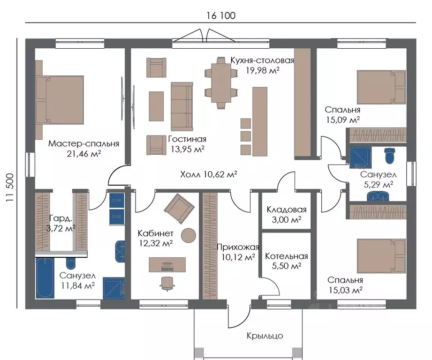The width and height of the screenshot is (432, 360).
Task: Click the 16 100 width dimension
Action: click(221, 15)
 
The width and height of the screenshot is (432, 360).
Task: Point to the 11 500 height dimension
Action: click(10, 187)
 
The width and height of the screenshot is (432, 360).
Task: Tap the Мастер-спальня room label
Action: click(83, 143)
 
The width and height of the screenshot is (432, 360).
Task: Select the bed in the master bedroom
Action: click(60, 100)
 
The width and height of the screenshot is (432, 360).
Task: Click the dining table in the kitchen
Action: click(221, 82)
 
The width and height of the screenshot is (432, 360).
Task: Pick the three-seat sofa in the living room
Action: click(182, 106)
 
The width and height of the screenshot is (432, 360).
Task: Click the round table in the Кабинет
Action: click(189, 235)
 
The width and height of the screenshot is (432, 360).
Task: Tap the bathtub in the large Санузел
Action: click(45, 278)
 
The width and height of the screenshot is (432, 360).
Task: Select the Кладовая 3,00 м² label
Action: click(287, 214)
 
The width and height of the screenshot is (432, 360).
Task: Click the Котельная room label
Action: click(286, 256)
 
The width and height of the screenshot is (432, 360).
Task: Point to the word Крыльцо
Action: click(265, 336)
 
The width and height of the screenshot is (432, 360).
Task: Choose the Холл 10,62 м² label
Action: click(209, 174)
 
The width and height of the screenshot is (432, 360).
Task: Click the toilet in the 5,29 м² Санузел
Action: click(389, 156)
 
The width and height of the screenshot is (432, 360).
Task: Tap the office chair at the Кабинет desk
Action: click(167, 284)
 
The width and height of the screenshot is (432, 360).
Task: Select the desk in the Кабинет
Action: click(167, 265)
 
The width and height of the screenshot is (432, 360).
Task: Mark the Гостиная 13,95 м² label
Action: click(187, 144)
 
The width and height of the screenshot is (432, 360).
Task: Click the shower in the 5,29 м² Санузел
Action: click(360, 157)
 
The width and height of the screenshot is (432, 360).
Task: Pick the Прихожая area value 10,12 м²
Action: click(238, 257)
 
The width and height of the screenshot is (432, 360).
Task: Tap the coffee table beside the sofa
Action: click(156, 106)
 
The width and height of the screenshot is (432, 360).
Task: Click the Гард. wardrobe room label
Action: click(61, 218)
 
